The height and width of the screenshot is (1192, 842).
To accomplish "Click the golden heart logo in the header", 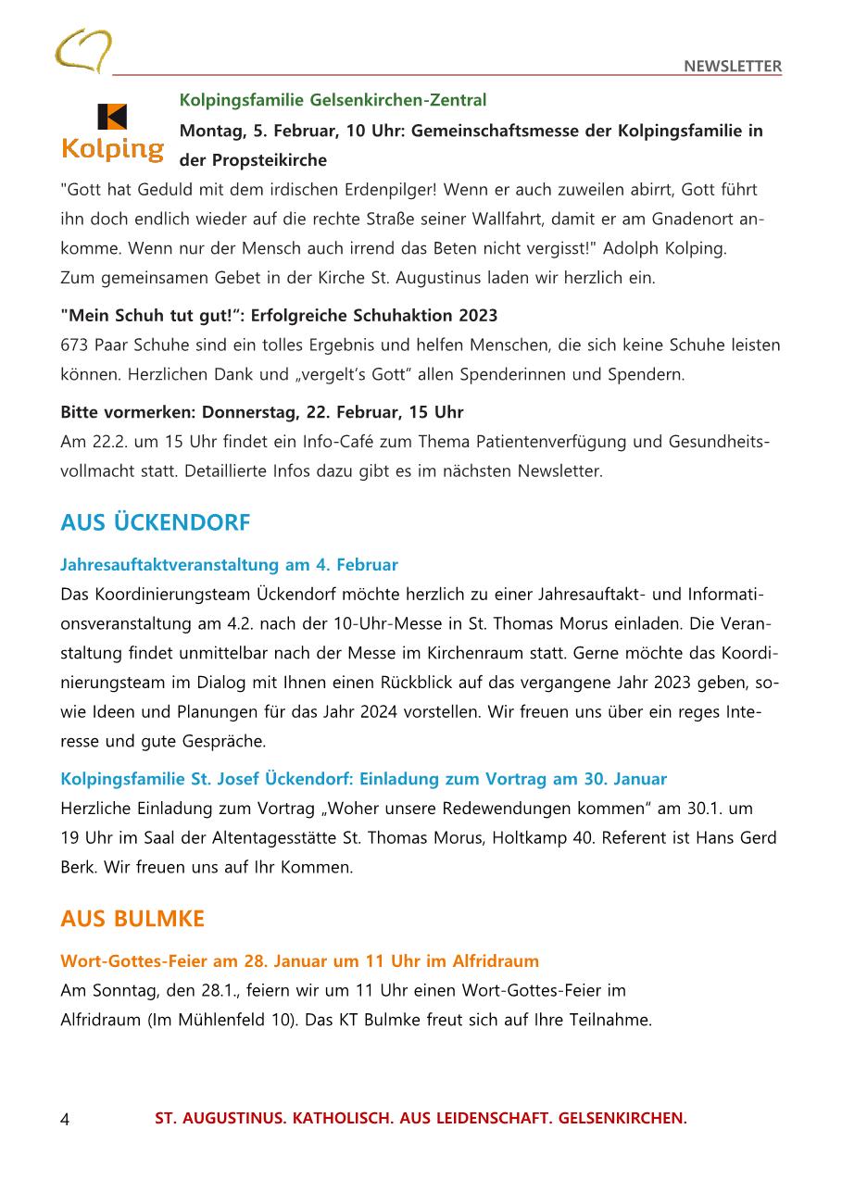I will tap(83, 50).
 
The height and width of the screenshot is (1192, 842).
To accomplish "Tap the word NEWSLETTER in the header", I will tap(733, 66).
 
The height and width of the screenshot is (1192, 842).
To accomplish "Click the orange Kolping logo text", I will tap(112, 148).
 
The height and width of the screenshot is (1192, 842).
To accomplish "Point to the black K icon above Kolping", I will tap(112, 117).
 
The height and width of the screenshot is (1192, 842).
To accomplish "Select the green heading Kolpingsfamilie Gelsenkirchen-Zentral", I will tap(333, 100).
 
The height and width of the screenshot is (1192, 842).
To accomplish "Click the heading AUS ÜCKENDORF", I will tap(155, 523).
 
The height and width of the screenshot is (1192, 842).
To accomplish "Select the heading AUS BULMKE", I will tap(132, 919).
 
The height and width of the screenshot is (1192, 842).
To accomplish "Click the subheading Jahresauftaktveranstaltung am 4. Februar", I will tap(229, 564).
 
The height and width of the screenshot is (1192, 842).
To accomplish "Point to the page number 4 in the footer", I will tap(65, 1120).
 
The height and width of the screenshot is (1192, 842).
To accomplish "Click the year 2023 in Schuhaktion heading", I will tap(474, 315).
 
